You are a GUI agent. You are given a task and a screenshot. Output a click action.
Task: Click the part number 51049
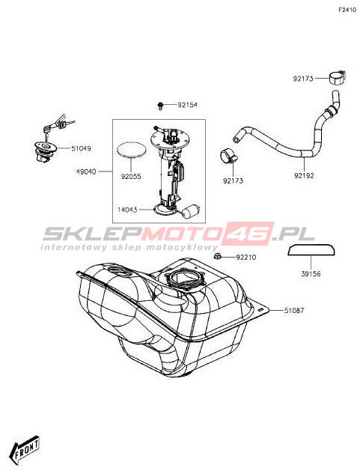click(81, 148)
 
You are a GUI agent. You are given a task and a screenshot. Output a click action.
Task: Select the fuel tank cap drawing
click(46, 151)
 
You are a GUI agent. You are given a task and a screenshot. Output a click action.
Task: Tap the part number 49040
click(86, 171)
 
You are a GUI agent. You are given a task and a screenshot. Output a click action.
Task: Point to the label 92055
click(131, 177)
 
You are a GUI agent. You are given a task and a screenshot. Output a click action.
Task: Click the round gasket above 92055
click(132, 149)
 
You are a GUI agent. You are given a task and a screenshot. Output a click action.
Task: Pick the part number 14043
click(127, 210)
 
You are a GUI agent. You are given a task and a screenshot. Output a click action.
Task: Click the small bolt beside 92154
click(160, 106)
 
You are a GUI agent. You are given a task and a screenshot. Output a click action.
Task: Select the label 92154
click(187, 105)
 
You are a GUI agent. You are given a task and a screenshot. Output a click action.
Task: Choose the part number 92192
click(304, 175)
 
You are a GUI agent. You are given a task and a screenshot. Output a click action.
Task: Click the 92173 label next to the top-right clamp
click(303, 79)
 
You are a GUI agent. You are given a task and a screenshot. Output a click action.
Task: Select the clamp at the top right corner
click(337, 77)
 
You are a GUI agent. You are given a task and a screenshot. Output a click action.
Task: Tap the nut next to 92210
click(216, 257)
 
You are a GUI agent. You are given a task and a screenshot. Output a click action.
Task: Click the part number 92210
click(245, 258)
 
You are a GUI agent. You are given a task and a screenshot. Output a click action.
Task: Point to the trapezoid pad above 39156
click(311, 249)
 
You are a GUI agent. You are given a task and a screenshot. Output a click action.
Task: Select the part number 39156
click(311, 274)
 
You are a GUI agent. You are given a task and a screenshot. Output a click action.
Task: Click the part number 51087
click(294, 310)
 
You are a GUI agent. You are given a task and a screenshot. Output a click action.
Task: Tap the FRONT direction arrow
click(25, 447)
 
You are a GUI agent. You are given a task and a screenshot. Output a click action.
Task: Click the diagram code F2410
click(347, 10)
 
